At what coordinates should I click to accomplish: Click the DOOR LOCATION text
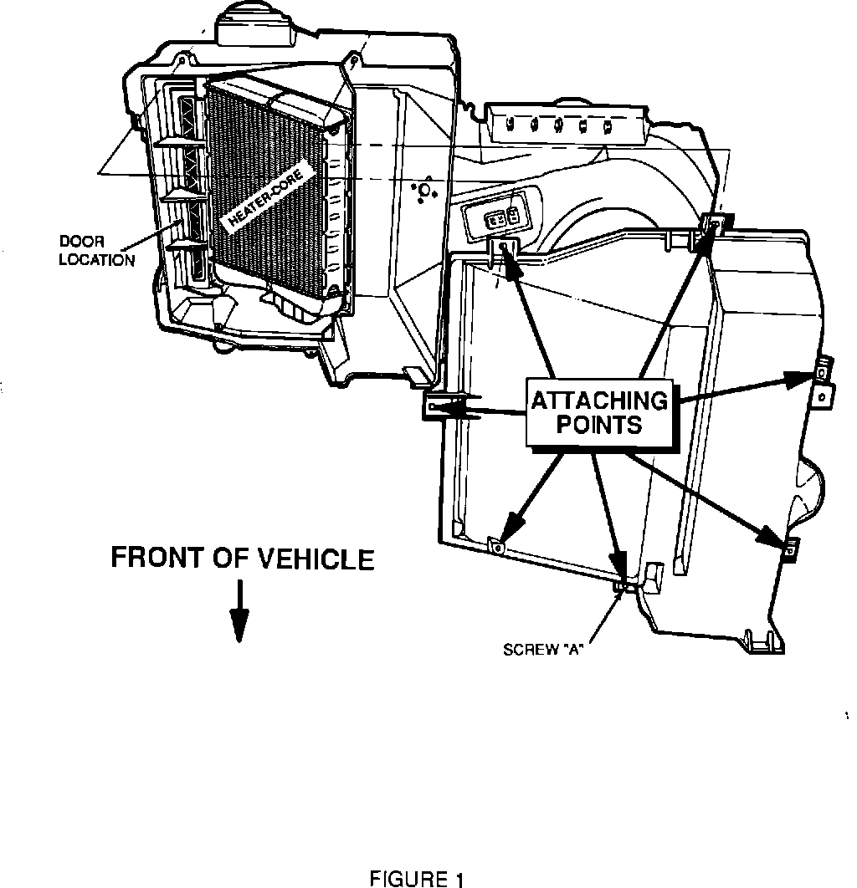pos(96,252)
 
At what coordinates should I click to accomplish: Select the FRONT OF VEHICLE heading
pos(243,558)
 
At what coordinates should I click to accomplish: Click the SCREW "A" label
pos(543,650)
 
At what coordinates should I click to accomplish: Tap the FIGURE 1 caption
pos(416,879)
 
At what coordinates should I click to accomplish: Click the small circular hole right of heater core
pos(424,191)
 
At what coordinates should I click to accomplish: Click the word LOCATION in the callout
pos(96,260)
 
